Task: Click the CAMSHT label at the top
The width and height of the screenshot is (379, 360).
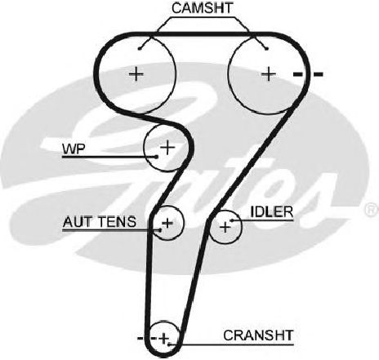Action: pos(202,8)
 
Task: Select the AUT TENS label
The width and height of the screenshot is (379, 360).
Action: pos(100,222)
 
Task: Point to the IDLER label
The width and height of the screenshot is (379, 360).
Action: pos(272,212)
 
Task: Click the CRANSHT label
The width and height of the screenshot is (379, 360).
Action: pos(258,336)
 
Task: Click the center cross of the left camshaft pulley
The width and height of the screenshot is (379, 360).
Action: pos(136,73)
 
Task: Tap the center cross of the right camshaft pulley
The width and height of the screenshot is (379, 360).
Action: pos(269,73)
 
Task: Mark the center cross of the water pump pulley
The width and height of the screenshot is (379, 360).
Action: pos(167,148)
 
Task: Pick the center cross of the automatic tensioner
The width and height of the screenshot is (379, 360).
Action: pos(167,223)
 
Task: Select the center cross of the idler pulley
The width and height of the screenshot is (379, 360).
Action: pos(225,227)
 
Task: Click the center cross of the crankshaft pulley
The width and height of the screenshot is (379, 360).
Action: pos(164,339)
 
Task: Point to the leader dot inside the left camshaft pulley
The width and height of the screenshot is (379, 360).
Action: pos(140,49)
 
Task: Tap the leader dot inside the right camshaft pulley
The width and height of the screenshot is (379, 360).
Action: pos(267,49)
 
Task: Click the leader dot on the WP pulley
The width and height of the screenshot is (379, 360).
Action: pos(156,157)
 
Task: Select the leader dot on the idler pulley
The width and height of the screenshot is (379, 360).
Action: pos(232,220)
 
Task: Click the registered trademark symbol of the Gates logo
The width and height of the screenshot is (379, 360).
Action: pos(372,210)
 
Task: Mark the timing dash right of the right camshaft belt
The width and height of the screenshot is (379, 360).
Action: pos(319,74)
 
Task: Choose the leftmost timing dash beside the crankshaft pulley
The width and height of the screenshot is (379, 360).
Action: pos(140,338)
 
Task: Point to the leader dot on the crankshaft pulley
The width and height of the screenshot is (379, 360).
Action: pos(169,344)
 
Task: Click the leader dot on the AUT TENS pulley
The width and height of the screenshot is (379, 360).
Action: pos(161,230)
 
